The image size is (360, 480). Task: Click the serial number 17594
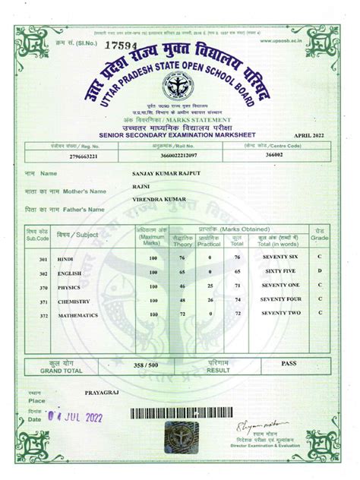(x=98, y=46)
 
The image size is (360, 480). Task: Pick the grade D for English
(x=321, y=270)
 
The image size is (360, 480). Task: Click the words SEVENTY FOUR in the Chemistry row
(x=282, y=299)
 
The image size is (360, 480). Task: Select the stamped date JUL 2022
(x=77, y=416)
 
